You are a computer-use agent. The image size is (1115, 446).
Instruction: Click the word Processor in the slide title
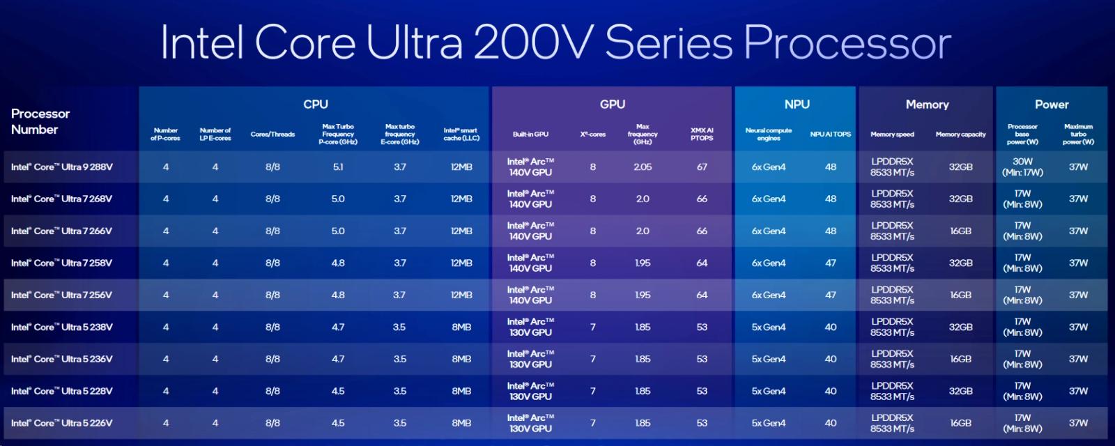(x=847, y=43)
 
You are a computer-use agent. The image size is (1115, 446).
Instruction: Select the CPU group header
(x=315, y=104)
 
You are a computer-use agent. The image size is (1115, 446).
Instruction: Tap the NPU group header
(x=797, y=104)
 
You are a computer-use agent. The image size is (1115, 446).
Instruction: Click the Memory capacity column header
(x=960, y=134)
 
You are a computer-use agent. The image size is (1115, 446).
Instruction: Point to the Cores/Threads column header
(x=272, y=134)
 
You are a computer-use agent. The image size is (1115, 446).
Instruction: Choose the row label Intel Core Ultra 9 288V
(x=62, y=167)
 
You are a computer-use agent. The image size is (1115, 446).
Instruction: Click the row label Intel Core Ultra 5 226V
(x=62, y=423)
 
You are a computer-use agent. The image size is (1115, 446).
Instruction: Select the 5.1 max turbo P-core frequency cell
(x=338, y=167)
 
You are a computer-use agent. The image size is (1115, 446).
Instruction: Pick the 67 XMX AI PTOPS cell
(x=702, y=167)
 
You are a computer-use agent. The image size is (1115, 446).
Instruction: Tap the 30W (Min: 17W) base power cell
(x=1022, y=167)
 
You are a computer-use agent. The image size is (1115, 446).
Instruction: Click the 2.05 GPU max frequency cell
(x=643, y=167)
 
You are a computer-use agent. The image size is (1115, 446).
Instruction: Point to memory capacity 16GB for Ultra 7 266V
(x=960, y=231)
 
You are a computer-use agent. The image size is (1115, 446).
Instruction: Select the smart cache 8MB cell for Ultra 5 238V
(x=461, y=327)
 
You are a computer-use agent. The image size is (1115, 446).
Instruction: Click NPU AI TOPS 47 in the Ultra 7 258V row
(x=831, y=263)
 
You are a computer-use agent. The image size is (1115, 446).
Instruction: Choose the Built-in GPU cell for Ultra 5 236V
(x=530, y=359)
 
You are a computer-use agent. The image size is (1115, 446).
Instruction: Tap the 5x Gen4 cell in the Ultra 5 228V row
(x=769, y=391)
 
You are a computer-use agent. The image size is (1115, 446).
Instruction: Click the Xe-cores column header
(x=592, y=134)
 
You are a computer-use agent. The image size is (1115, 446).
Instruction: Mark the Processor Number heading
(x=40, y=121)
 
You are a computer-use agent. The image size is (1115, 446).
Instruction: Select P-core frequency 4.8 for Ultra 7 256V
(x=338, y=295)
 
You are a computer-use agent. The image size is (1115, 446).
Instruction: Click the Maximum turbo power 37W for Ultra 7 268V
(x=1078, y=199)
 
